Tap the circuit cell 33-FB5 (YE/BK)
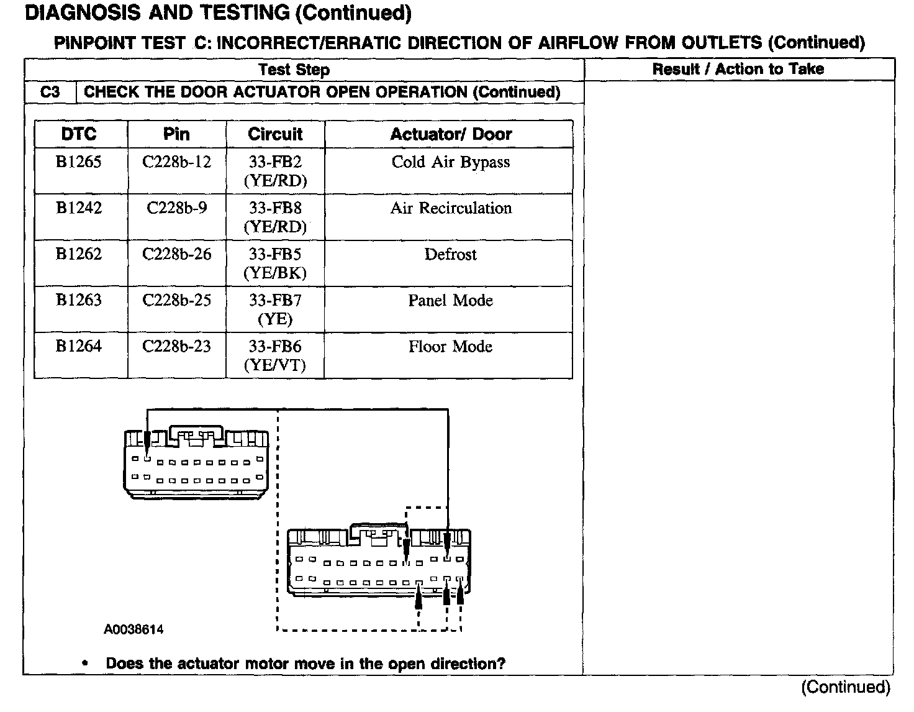tap(275, 263)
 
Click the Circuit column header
tap(275, 134)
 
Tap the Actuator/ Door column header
tap(451, 134)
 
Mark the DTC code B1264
tap(79, 347)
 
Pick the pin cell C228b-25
tap(177, 301)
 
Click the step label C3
tap(50, 93)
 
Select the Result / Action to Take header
tap(738, 69)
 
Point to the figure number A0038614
tap(133, 629)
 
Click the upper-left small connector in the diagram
tap(196, 463)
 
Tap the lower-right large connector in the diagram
tap(379, 562)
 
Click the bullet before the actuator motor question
tap(84, 663)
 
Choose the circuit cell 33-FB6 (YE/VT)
tap(275, 355)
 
